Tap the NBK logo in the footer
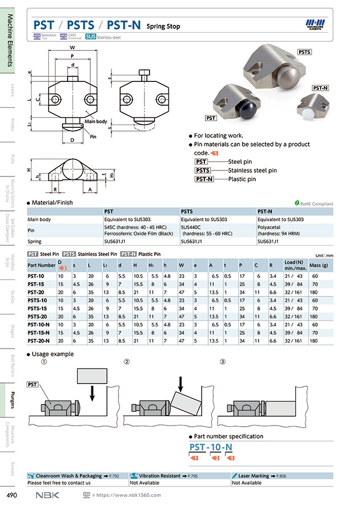pos(47,495)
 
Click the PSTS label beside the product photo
pos(305,52)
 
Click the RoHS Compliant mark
pos(314,204)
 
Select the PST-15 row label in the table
pos(37,283)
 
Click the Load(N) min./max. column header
pos(294,265)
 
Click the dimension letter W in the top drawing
pos(73,48)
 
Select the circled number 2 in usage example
pos(127,362)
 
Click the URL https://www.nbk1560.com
pos(128,495)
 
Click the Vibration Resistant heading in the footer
pos(162,475)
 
